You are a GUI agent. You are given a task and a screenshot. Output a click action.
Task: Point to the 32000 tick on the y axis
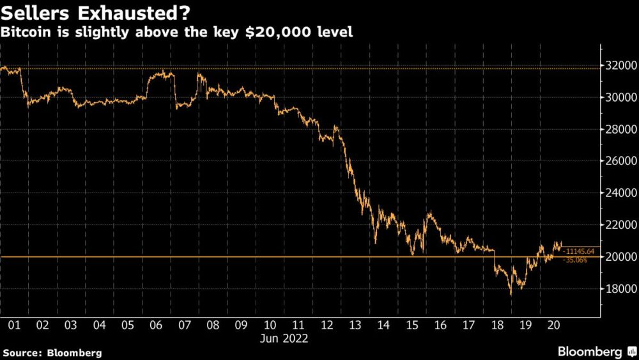click(x=618, y=65)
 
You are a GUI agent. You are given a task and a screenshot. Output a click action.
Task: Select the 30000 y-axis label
click(x=618, y=97)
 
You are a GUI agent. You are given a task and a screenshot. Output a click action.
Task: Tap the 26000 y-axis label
click(x=618, y=161)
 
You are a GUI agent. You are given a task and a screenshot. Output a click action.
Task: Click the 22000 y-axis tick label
click(x=618, y=225)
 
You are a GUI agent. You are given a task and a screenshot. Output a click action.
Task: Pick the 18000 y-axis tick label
click(x=618, y=289)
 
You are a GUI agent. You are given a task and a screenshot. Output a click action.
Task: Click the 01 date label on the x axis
click(x=14, y=325)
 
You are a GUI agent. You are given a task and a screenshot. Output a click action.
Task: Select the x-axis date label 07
click(x=184, y=325)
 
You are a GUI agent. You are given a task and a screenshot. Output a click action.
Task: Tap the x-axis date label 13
click(x=354, y=325)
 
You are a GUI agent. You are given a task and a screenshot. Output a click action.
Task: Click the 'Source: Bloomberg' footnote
click(x=52, y=352)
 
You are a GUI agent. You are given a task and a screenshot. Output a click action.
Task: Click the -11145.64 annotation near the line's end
click(x=580, y=251)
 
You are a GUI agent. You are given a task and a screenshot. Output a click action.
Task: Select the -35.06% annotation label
click(x=575, y=260)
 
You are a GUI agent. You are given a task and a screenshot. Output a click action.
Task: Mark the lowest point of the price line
click(x=510, y=295)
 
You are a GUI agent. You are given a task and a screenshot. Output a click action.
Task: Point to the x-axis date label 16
click(x=440, y=325)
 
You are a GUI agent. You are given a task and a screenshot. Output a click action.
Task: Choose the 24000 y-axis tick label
click(x=618, y=193)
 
